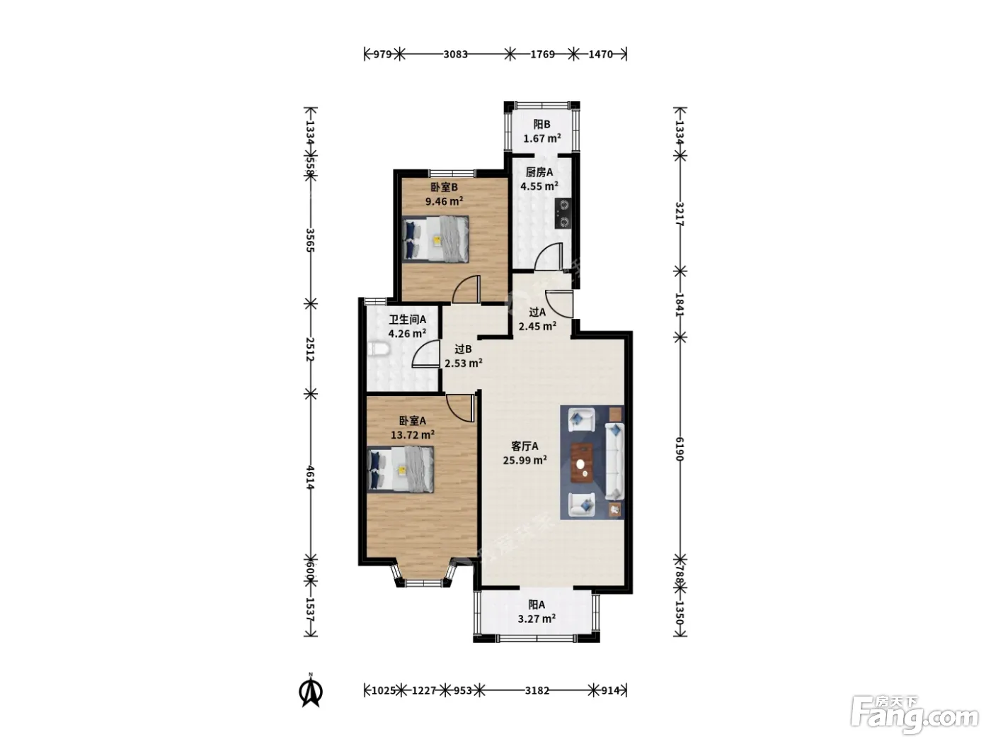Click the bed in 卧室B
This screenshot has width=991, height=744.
pyautogui.click(x=435, y=239)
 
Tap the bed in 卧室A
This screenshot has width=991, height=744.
pyautogui.click(x=401, y=469)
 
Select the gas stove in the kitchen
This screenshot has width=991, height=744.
pyautogui.click(x=563, y=214)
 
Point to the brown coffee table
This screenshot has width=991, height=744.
pyautogui.click(x=582, y=463)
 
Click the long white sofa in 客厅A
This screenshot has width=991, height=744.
pyautogui.click(x=614, y=461)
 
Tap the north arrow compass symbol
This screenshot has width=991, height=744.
pyautogui.click(x=310, y=691)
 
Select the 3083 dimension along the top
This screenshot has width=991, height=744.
pyautogui.click(x=455, y=55)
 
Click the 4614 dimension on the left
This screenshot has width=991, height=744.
pyautogui.click(x=310, y=478)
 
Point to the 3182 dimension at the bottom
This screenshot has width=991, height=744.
pyautogui.click(x=537, y=690)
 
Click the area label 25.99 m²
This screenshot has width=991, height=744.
pyautogui.click(x=525, y=461)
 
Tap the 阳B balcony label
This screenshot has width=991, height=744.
pyautogui.click(x=542, y=124)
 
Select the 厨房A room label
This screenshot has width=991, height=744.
pyautogui.click(x=539, y=172)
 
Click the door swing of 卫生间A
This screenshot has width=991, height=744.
pyautogui.click(x=425, y=354)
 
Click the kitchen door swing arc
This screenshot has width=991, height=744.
pyautogui.click(x=549, y=257)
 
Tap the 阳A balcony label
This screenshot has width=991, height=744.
pyautogui.click(x=537, y=604)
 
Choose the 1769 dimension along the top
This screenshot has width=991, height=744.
pyautogui.click(x=542, y=55)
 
